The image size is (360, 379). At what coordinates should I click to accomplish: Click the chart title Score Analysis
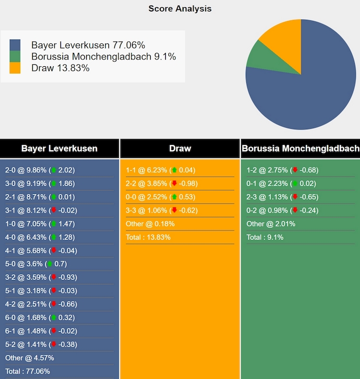180,8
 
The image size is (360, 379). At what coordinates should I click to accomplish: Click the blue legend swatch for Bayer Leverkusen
15,45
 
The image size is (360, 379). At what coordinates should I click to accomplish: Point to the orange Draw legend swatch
15,68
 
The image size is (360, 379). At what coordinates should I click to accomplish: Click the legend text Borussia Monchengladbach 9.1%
103,56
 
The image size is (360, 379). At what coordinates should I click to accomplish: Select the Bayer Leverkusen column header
59,149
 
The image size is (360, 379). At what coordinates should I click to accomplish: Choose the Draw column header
180,149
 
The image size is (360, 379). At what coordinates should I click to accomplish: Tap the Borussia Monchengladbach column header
300,149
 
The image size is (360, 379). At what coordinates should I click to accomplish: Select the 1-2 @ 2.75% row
282,170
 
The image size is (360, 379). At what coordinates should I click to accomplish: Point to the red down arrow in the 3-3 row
174,211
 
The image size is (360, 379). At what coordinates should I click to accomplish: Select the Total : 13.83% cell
148,237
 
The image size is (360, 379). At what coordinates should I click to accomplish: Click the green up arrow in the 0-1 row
295,184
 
